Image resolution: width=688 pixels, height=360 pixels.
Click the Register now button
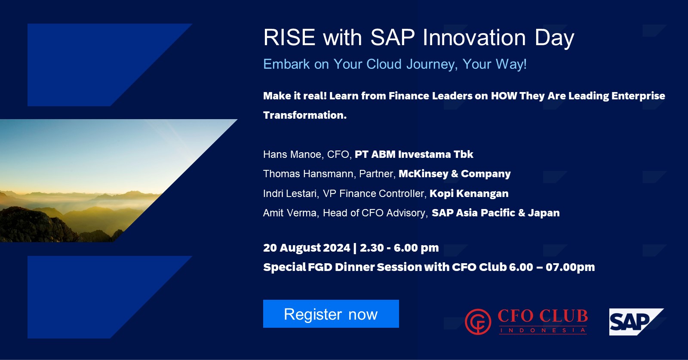tap(331, 314)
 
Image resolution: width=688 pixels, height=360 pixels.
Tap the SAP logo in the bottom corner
tap(636, 322)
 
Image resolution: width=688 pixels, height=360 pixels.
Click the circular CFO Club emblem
tap(478, 322)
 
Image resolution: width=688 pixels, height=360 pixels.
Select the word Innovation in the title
tap(474, 37)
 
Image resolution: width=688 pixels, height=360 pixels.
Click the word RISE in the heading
tap(289, 37)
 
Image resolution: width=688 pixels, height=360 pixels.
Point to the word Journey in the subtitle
tap(432, 65)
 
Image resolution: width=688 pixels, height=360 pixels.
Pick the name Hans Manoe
tap(292, 154)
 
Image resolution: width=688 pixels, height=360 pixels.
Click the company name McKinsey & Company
tap(455, 174)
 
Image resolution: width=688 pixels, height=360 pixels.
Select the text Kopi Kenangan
tap(469, 194)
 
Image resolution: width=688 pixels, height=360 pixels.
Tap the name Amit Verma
tap(290, 213)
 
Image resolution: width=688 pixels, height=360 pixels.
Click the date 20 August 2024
tap(307, 248)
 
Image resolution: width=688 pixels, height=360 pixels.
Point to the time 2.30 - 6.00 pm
tap(399, 248)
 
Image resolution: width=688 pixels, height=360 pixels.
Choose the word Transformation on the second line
tap(305, 115)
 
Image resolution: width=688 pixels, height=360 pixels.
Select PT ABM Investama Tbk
tap(414, 154)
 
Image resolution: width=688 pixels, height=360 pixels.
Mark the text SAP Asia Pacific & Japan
tap(496, 213)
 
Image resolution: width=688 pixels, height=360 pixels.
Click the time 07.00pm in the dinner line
tap(570, 267)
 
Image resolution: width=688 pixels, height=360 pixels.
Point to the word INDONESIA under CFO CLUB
tap(543, 330)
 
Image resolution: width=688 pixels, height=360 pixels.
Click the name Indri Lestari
tap(291, 194)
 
